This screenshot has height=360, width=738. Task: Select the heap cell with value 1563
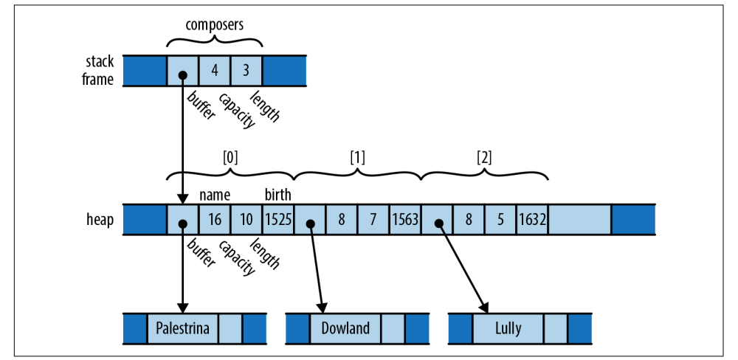pos(405,221)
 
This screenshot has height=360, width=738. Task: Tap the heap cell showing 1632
pos(532,221)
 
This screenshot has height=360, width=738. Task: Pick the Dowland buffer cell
pos(345,328)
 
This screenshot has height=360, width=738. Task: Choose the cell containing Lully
pos(508,328)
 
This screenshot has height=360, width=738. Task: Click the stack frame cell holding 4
pos(215,72)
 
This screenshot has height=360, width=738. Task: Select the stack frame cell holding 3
pos(246,72)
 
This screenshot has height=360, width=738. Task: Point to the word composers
pos(215,25)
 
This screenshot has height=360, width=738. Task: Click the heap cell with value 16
pos(215,221)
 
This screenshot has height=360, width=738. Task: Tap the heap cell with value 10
pos(246,221)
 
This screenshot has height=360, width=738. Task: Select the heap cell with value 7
pos(373,221)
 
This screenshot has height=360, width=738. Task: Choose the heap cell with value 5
pos(500,221)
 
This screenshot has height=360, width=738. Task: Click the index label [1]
pos(357,157)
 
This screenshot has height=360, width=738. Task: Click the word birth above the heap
pos(278,195)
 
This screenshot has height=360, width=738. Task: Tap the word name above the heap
pos(215,195)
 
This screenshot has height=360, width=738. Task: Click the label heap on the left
pos(100,221)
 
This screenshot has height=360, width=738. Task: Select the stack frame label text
pos(98,72)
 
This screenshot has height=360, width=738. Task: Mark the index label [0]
pos(231,157)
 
